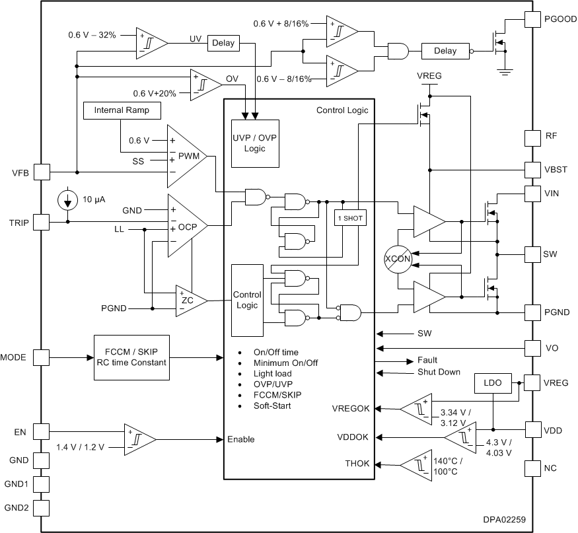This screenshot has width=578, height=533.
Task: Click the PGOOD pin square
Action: tap(532, 19)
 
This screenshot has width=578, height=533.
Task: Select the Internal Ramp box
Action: tap(122, 110)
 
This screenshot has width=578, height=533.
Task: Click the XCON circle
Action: tap(398, 260)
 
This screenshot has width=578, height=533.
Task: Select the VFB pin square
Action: tap(41, 172)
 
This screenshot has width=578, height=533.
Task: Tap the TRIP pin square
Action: tap(41, 222)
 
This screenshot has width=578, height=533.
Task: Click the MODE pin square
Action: tap(41, 357)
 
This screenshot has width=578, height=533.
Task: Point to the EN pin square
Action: tap(41, 432)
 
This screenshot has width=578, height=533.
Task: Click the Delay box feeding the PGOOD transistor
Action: tap(445, 50)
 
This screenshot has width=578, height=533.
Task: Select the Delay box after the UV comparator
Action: tap(222, 44)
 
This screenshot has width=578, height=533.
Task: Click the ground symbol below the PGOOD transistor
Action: tap(505, 71)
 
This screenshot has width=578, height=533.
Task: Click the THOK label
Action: tap(357, 464)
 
